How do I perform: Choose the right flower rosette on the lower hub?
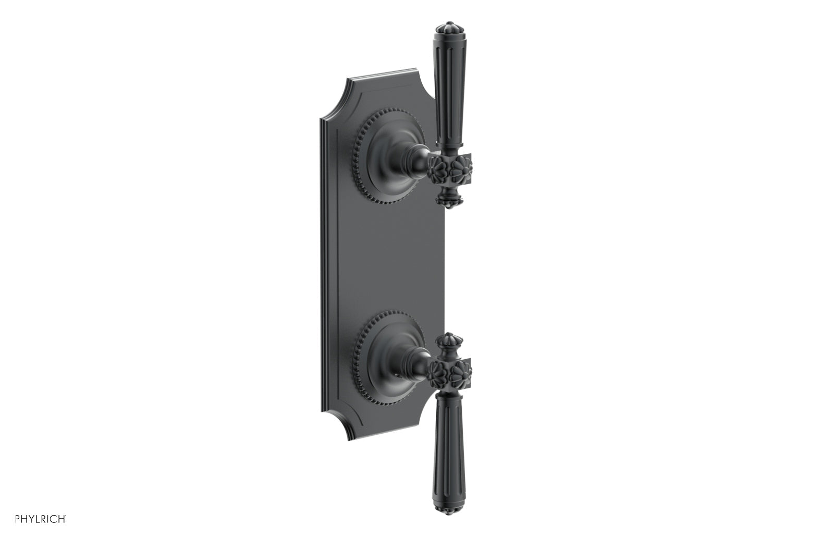coord(460,371)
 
